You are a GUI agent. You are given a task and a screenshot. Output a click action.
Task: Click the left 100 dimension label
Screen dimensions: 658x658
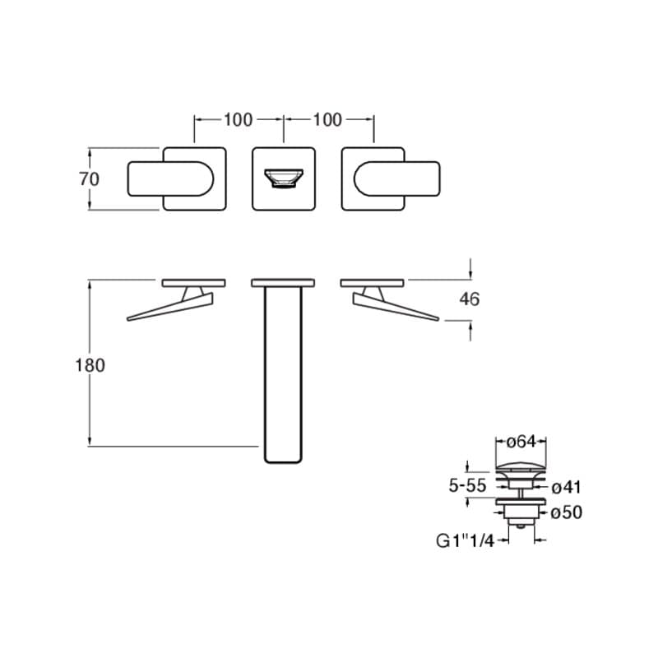click(x=238, y=120)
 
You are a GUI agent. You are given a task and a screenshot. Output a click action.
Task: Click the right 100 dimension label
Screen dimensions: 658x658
click(x=327, y=120)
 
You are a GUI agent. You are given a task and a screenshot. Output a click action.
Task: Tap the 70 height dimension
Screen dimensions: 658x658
click(x=89, y=179)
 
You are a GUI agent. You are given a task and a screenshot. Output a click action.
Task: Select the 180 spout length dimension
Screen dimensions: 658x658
click(x=90, y=365)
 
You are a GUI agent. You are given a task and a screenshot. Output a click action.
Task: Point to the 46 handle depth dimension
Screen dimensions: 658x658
click(x=469, y=299)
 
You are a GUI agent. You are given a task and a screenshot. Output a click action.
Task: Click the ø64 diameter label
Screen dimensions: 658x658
click(x=521, y=442)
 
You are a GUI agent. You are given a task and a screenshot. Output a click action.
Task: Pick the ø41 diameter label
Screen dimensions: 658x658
click(x=566, y=488)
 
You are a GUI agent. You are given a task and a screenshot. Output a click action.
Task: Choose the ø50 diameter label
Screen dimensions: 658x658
click(x=566, y=512)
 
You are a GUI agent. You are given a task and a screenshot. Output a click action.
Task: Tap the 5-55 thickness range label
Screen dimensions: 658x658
click(x=467, y=485)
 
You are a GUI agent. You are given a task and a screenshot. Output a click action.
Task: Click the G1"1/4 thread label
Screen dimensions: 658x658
click(x=465, y=541)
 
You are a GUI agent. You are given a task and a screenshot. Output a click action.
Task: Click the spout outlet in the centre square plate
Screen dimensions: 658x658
click(x=284, y=178)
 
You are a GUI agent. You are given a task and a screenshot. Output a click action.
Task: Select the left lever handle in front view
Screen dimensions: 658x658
click(x=170, y=178)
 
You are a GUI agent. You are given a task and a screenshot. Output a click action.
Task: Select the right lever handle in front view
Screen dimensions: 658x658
click(x=397, y=178)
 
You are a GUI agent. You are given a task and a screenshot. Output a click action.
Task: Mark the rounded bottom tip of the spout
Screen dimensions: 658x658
click(x=283, y=461)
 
